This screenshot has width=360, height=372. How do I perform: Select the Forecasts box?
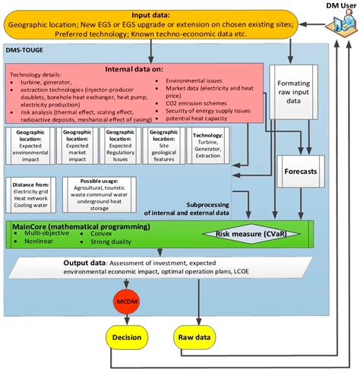tap(301, 171)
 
